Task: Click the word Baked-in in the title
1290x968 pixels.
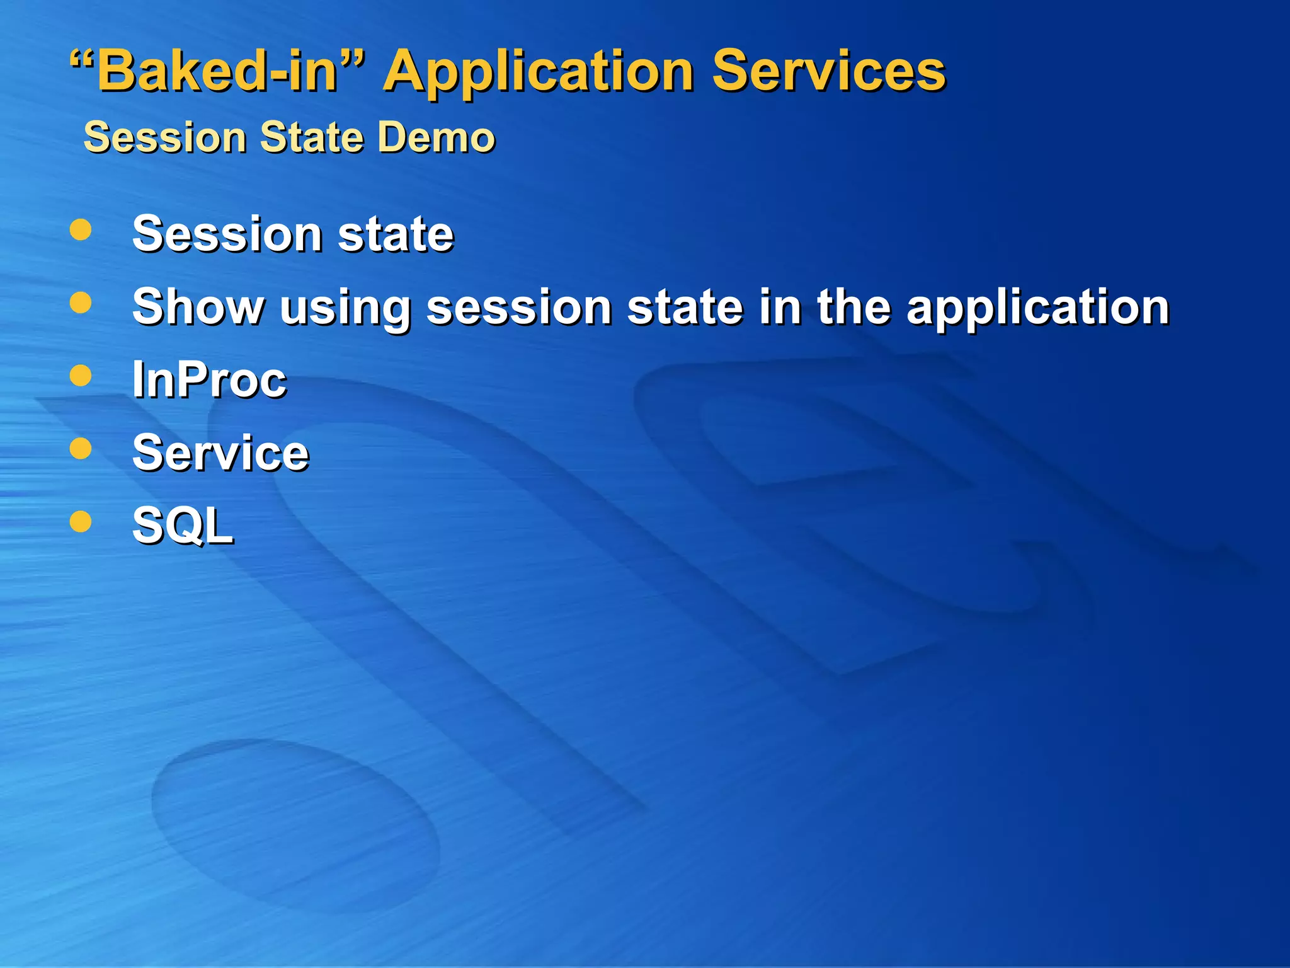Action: pos(217,71)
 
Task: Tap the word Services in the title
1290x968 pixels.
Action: pos(828,71)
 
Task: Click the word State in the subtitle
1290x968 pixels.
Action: pos(312,137)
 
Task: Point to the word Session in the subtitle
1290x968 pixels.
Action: pos(165,137)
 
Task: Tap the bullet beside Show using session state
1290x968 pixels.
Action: pos(81,302)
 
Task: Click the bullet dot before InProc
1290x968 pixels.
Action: pos(81,376)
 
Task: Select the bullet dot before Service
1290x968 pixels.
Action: pos(81,449)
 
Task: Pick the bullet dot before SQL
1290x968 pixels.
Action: pos(81,521)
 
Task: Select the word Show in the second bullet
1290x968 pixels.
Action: pos(198,307)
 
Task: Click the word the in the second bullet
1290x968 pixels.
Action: pos(854,307)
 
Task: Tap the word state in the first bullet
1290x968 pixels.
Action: pos(396,234)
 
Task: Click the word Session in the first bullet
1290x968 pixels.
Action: pos(227,234)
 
